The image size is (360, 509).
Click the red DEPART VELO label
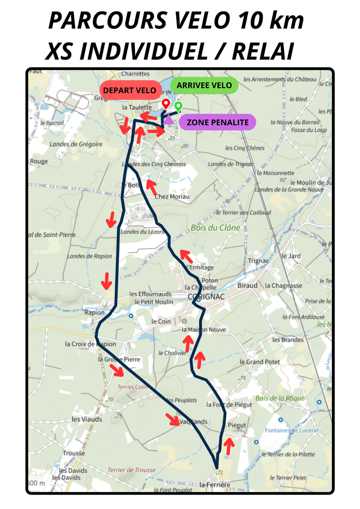pyautogui.click(x=130, y=90)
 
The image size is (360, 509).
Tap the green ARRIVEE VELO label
pyautogui.click(x=204, y=85)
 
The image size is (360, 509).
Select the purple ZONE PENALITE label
pyautogui.click(x=217, y=122)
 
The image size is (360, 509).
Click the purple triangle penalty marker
pyautogui.click(x=168, y=119)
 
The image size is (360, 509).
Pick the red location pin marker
pyautogui.click(x=166, y=104)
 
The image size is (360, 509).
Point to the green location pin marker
pyautogui.click(x=178, y=107)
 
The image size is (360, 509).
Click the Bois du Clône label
pyautogui.click(x=215, y=228)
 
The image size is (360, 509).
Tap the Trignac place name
pyautogui.click(x=258, y=261)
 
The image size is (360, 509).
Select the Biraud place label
pyautogui.click(x=247, y=286)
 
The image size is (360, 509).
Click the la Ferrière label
pyautogui.click(x=215, y=485)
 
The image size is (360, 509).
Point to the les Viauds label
pyautogui.click(x=87, y=419)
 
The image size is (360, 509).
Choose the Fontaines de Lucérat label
pyautogui.click(x=292, y=430)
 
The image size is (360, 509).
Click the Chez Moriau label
pyautogui.click(x=172, y=196)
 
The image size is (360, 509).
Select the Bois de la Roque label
pyautogui.click(x=280, y=398)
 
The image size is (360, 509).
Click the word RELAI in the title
pyautogui.click(x=263, y=51)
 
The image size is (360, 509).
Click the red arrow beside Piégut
pyautogui.click(x=229, y=446)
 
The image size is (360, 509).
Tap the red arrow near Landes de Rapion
pyautogui.click(x=106, y=281)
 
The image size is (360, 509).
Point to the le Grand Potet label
pyautogui.click(x=260, y=362)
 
